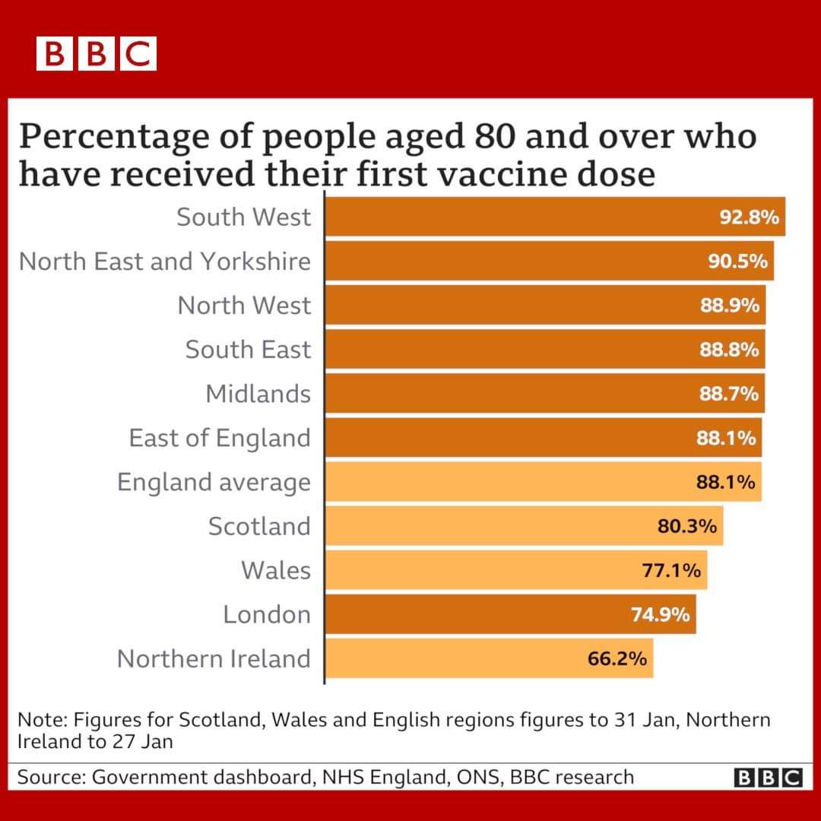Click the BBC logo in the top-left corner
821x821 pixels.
[x=97, y=54]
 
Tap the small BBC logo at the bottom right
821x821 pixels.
[x=769, y=778]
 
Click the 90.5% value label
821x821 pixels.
[x=737, y=262]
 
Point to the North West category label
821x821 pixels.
[x=244, y=306]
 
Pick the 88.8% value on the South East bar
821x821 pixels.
[x=729, y=350]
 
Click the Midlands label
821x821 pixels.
[x=258, y=394]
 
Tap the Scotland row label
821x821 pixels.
[x=259, y=526]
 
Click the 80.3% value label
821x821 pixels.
[x=687, y=526]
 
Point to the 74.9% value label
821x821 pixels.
[x=661, y=614]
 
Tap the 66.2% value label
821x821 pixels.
[x=617, y=658]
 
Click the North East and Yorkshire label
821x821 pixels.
[x=165, y=262]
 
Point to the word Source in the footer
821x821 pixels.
[x=49, y=777]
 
